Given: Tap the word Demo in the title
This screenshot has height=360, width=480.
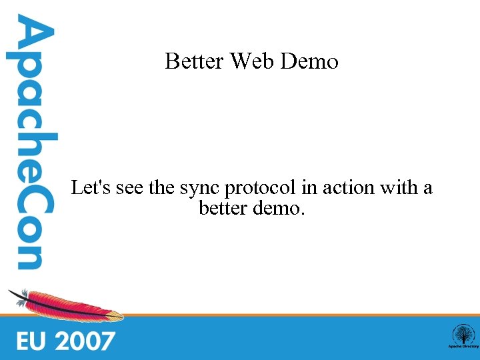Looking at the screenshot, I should [x=310, y=62].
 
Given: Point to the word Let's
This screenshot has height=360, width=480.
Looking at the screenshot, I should [x=91, y=188].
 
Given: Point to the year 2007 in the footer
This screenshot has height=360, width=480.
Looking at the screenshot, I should [x=85, y=341].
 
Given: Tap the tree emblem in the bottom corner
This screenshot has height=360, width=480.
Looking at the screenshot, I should [x=462, y=334].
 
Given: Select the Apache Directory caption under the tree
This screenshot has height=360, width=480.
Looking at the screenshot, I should [x=462, y=347].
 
